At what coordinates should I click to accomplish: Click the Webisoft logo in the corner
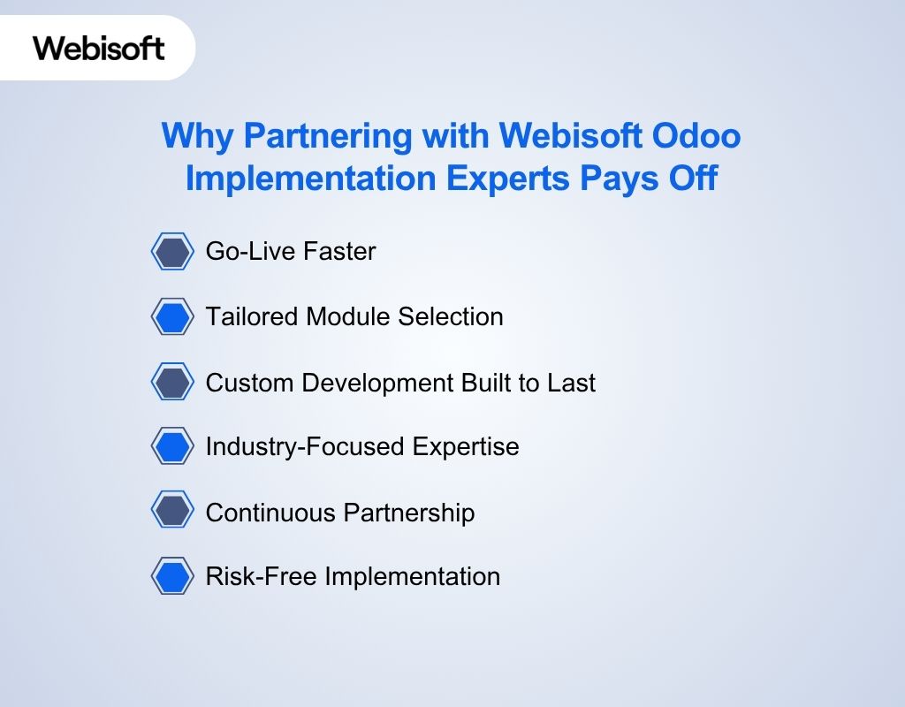pyautogui.click(x=99, y=47)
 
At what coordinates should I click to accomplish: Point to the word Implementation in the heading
pyautogui.click(x=311, y=178)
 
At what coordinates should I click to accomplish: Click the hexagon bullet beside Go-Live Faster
pyautogui.click(x=172, y=252)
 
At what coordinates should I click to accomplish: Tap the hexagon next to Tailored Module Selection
pyautogui.click(x=172, y=316)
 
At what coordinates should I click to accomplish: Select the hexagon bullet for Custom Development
pyautogui.click(x=172, y=383)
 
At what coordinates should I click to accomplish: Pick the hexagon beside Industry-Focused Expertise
pyautogui.click(x=172, y=446)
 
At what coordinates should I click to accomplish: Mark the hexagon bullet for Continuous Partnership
pyautogui.click(x=172, y=512)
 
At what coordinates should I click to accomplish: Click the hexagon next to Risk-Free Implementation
pyautogui.click(x=172, y=576)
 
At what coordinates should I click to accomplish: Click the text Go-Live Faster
pyautogui.click(x=291, y=252)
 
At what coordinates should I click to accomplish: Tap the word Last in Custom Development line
pyautogui.click(x=573, y=383)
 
